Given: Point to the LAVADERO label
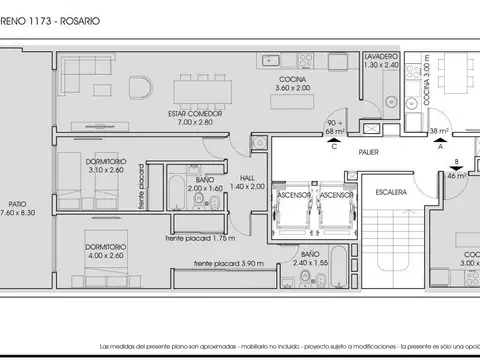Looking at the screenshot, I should [x=382, y=57].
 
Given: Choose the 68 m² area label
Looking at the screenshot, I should [x=335, y=129].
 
